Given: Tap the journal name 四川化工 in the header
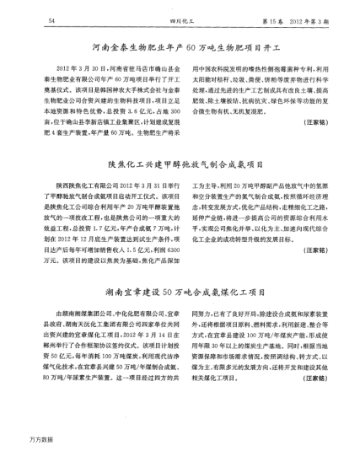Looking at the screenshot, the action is coord(174,19).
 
